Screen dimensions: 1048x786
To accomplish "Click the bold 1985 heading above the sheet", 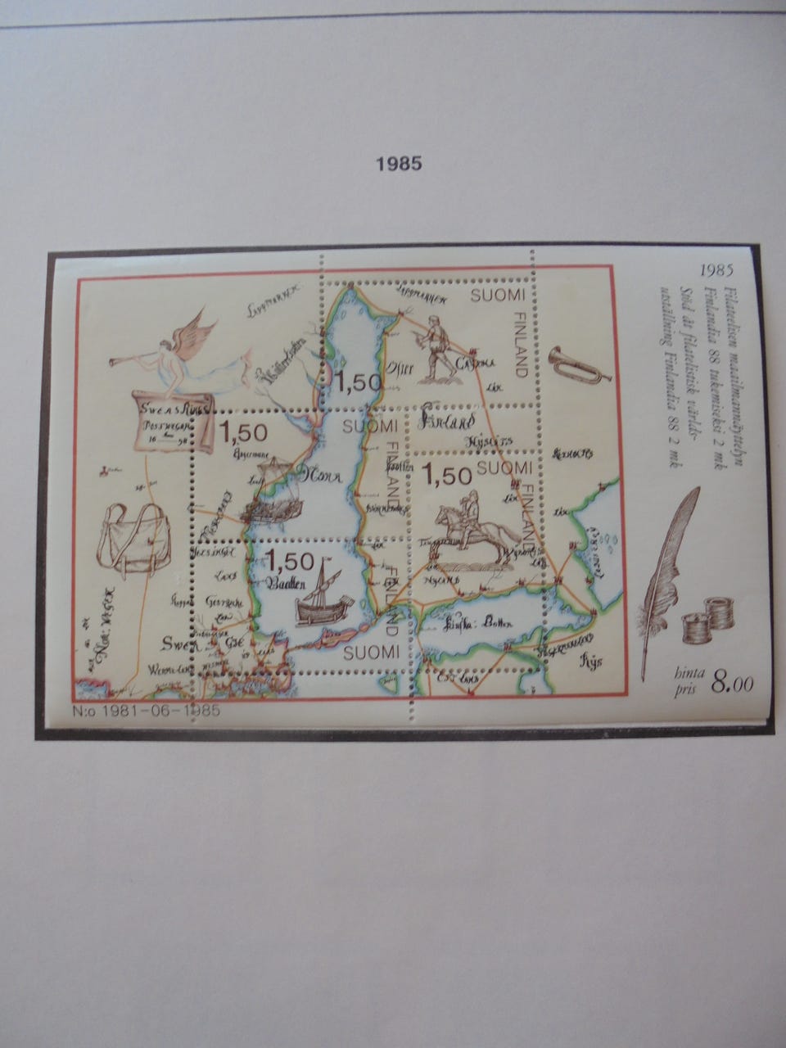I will pos(398,163).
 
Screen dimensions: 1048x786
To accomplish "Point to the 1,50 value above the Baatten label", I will pos(288,561).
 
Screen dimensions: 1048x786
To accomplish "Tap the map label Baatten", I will pos(286,583).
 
